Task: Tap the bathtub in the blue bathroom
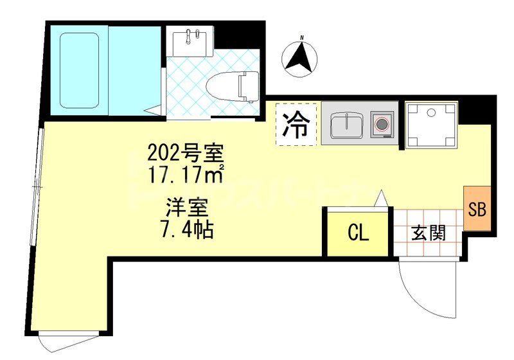point(80,71)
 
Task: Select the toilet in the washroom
point(244,86)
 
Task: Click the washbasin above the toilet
point(191,42)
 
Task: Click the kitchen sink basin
point(348,124)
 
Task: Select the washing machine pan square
point(432,123)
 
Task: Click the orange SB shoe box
point(477,209)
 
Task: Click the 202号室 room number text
point(185,154)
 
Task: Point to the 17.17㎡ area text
point(185,174)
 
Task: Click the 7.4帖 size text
point(186,228)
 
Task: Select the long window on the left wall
point(37,186)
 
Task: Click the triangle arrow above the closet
point(380,199)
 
